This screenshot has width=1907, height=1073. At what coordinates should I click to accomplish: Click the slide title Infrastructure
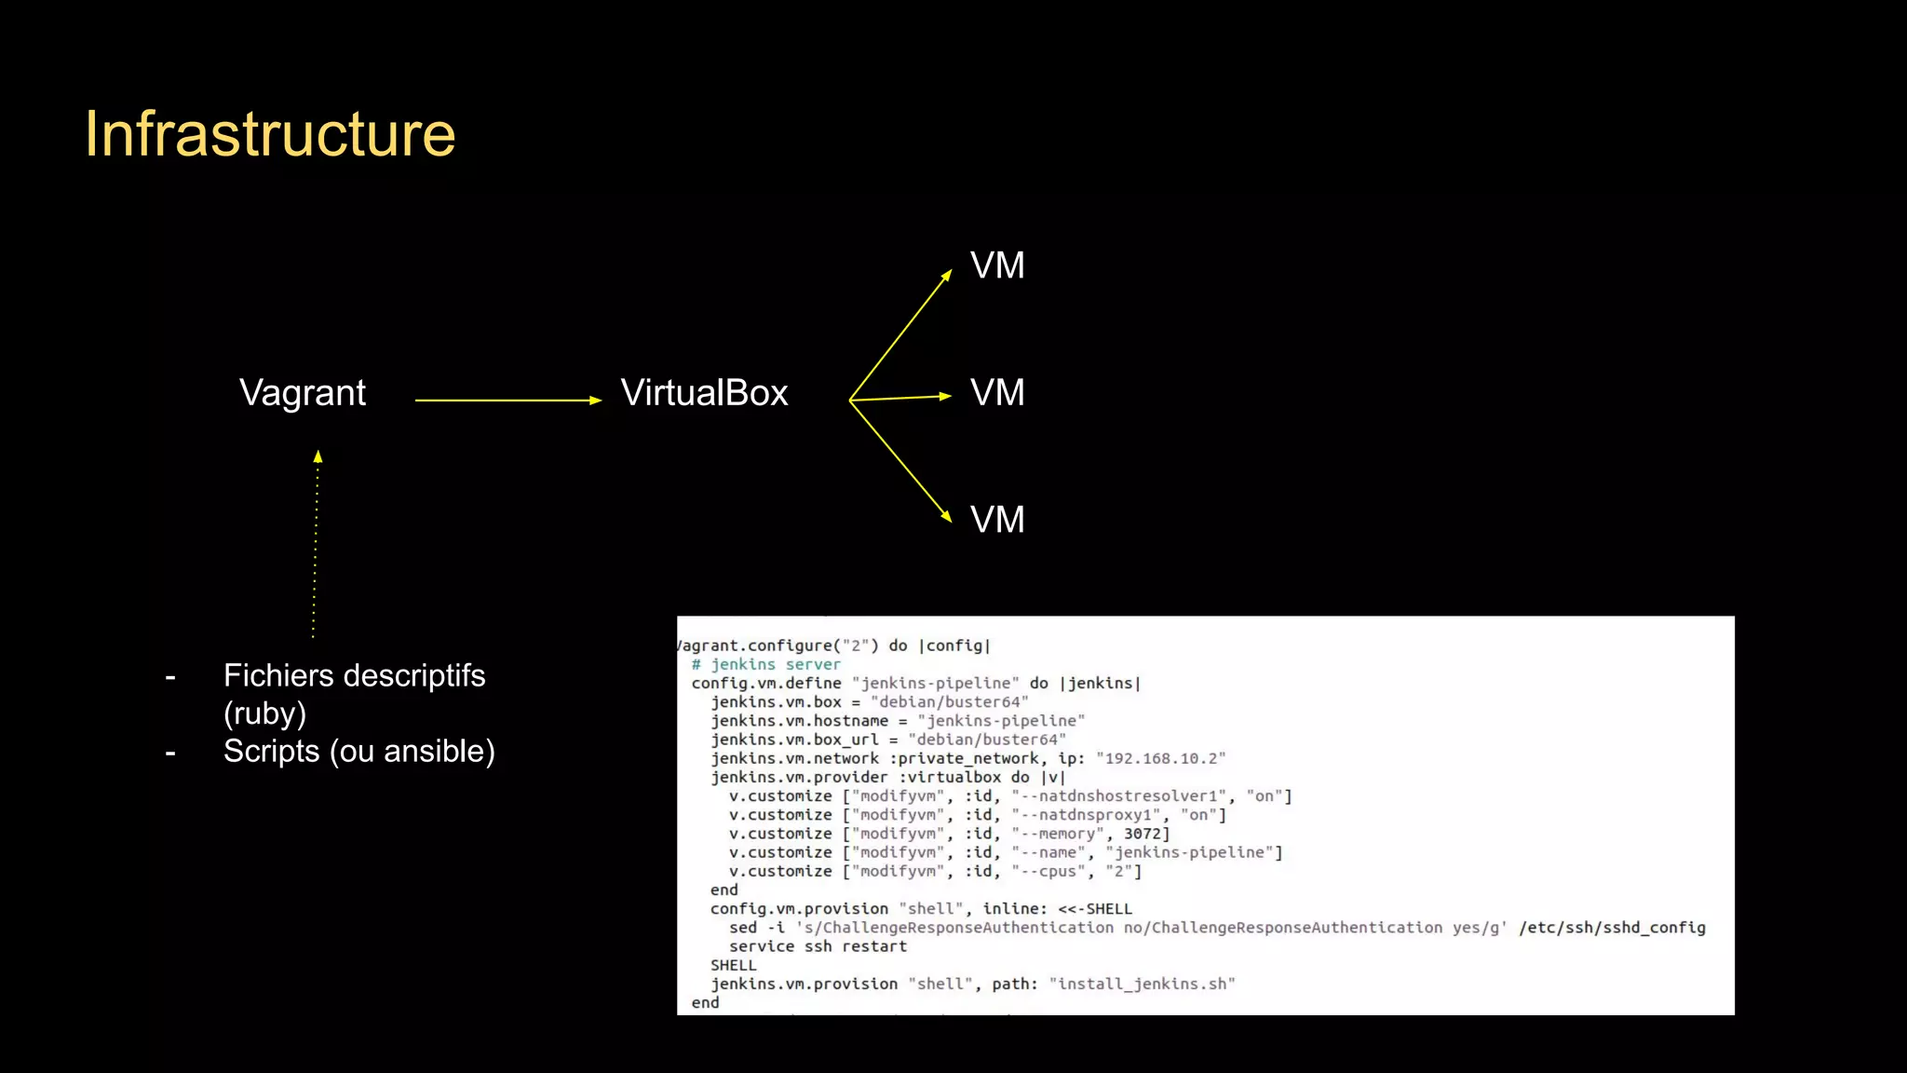point(270,134)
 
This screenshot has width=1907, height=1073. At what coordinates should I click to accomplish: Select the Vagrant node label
point(303,393)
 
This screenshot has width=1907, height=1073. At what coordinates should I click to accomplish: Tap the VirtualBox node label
point(704,393)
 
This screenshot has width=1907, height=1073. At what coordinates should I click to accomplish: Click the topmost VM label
point(997,266)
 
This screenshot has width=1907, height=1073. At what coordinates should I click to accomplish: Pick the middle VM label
point(997,393)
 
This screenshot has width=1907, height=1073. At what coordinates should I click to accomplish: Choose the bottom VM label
point(997,520)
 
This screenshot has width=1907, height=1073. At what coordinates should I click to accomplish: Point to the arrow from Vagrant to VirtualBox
point(507,400)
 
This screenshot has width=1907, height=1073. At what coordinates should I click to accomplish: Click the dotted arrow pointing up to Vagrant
point(316,545)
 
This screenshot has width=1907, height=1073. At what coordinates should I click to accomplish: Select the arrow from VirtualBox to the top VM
point(900,335)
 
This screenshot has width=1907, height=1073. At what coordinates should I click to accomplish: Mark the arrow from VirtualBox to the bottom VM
point(900,460)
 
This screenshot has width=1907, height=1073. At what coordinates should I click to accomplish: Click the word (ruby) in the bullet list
point(264,713)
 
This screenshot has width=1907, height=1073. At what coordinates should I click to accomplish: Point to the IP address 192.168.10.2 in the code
point(1160,758)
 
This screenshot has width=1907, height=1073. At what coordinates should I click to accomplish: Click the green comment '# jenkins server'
point(765,664)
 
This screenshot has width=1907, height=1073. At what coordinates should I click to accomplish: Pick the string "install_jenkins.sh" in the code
point(1142,984)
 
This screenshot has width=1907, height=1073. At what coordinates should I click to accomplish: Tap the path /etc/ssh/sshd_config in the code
point(1612,928)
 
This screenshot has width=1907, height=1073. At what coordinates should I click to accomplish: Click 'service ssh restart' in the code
point(818,946)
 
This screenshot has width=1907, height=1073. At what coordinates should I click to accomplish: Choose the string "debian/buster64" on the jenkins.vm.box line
point(949,701)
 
